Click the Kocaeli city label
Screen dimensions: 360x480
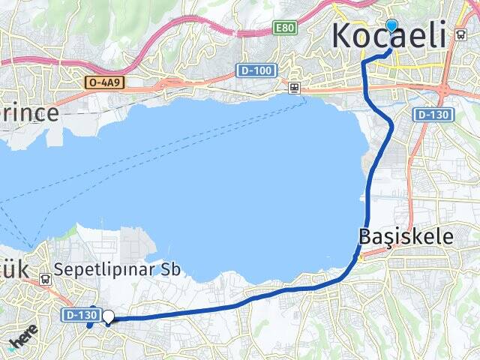pos(388,36)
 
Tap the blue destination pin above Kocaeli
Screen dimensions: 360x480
pos(391,26)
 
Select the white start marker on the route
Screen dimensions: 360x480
pos(109,317)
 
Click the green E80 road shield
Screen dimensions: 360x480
pos(284,28)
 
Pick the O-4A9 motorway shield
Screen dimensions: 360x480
pos(103,82)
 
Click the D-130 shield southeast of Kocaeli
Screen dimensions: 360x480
pos(433,115)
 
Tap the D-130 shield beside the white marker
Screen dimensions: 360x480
pos(80,315)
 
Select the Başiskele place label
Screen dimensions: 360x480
pos(406,237)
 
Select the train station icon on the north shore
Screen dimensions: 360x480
pos(295,88)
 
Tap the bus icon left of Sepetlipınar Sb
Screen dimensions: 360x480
pos(46,278)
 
